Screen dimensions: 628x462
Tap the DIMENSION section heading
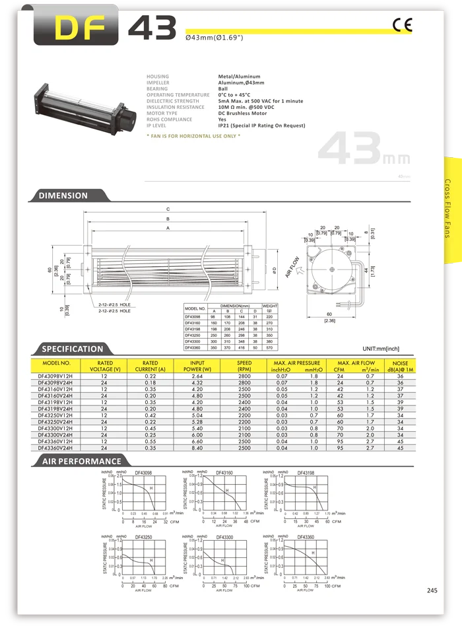pos(63,195)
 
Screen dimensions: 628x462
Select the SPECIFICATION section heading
pos(72,349)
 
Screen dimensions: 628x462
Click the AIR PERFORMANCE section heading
pos(81,461)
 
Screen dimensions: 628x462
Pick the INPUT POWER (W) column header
pos(197,366)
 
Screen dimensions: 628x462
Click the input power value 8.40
pos(197,448)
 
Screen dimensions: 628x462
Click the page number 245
pos(432,590)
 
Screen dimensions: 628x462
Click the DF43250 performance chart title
pos(145,537)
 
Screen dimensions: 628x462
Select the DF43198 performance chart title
pos(305,473)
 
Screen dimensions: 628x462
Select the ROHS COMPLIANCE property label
pos(169,119)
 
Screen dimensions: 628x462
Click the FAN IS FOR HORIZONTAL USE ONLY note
pos(193,135)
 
